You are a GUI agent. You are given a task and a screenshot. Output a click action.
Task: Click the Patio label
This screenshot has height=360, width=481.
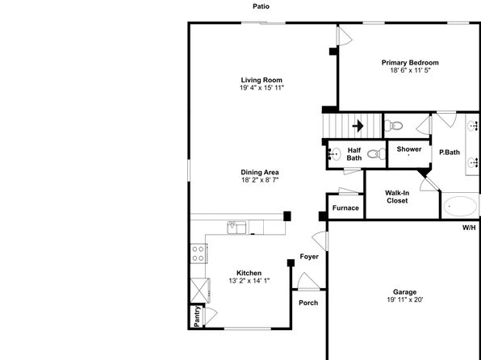[x=261, y=6]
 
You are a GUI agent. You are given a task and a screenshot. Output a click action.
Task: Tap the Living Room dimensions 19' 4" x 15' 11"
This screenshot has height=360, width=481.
[x=261, y=88]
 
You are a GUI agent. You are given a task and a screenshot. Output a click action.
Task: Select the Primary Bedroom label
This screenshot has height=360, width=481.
[x=410, y=63]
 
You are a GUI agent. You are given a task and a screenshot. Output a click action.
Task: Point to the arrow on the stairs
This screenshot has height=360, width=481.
[x=358, y=126]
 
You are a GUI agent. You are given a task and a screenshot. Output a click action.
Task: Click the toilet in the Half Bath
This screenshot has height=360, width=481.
[x=376, y=153]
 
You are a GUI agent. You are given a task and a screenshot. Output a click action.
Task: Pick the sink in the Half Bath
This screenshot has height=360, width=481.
[x=335, y=153]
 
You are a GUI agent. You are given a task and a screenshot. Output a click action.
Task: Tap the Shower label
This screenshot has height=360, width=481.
[x=409, y=149]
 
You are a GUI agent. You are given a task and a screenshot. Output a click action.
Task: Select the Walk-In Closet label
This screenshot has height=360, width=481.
[x=397, y=197]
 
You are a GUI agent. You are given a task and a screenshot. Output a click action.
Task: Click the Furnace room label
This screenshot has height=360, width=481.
[x=345, y=207]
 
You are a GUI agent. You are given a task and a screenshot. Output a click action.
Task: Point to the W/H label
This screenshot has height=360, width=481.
[x=469, y=228]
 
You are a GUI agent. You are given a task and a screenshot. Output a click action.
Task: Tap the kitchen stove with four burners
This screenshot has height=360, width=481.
[x=199, y=253]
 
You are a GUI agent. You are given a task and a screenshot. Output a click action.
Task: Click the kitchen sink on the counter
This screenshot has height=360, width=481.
[x=236, y=228]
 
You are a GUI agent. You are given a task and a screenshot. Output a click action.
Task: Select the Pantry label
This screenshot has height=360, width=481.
[x=197, y=316]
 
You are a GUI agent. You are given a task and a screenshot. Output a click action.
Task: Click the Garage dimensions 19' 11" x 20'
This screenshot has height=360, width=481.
[x=405, y=299]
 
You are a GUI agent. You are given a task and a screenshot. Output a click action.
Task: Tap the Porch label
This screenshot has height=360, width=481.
[x=308, y=303]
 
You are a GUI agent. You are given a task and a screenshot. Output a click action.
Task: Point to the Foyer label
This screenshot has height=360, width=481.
[x=309, y=256]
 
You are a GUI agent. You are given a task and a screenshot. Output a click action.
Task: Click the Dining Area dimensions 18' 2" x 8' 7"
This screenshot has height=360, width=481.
[x=260, y=180]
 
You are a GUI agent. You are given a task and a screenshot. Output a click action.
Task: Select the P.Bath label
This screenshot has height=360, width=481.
[x=450, y=152]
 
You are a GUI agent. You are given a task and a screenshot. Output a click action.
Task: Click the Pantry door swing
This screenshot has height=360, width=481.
[x=211, y=316]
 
